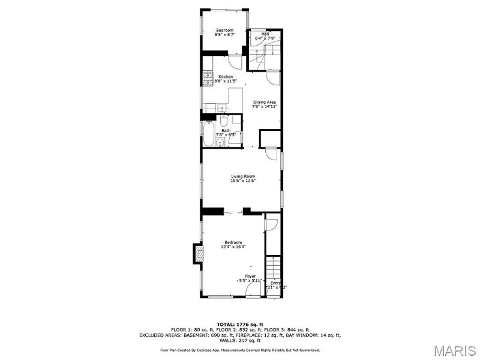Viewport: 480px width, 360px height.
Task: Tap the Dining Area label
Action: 265,102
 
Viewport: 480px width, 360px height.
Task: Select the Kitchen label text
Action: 226,77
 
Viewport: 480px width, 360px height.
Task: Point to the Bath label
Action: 226,130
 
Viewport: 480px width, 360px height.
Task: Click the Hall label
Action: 265,34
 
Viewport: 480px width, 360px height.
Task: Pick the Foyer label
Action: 250,276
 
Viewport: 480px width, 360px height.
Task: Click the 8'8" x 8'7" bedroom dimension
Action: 224,35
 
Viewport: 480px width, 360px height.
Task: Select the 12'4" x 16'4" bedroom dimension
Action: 233,247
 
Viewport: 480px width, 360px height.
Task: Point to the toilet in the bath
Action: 223,121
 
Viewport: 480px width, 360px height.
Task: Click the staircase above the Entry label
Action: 274,268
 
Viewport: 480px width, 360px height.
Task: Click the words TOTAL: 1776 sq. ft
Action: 240,325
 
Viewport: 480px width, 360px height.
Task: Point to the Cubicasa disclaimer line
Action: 240,350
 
